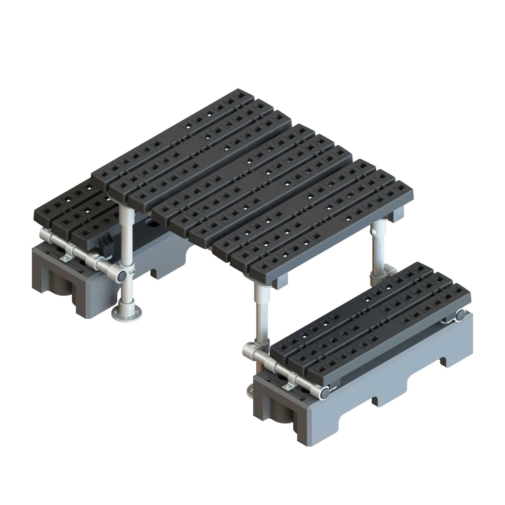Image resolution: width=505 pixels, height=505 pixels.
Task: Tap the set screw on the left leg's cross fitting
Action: tap(133, 272)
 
